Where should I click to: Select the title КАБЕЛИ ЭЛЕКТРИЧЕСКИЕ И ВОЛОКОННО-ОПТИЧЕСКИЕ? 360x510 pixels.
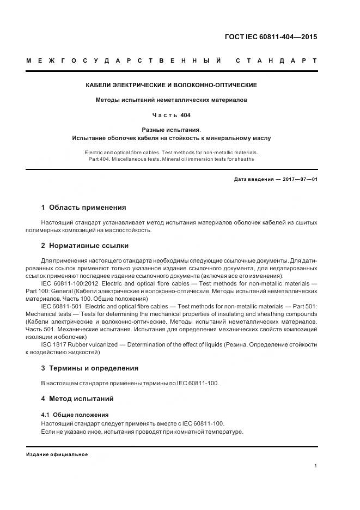point(172,86)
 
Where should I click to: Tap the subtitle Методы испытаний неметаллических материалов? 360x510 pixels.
point(172,100)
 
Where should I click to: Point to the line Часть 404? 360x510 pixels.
point(172,115)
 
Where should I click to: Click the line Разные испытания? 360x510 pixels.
point(172,130)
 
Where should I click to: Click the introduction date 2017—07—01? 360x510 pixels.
point(300,179)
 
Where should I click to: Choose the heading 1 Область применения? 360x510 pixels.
point(83,208)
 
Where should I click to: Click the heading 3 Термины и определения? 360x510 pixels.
point(90,368)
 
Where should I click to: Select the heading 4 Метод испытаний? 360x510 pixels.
point(77,399)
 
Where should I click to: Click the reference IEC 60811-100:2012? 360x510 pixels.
point(69,283)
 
